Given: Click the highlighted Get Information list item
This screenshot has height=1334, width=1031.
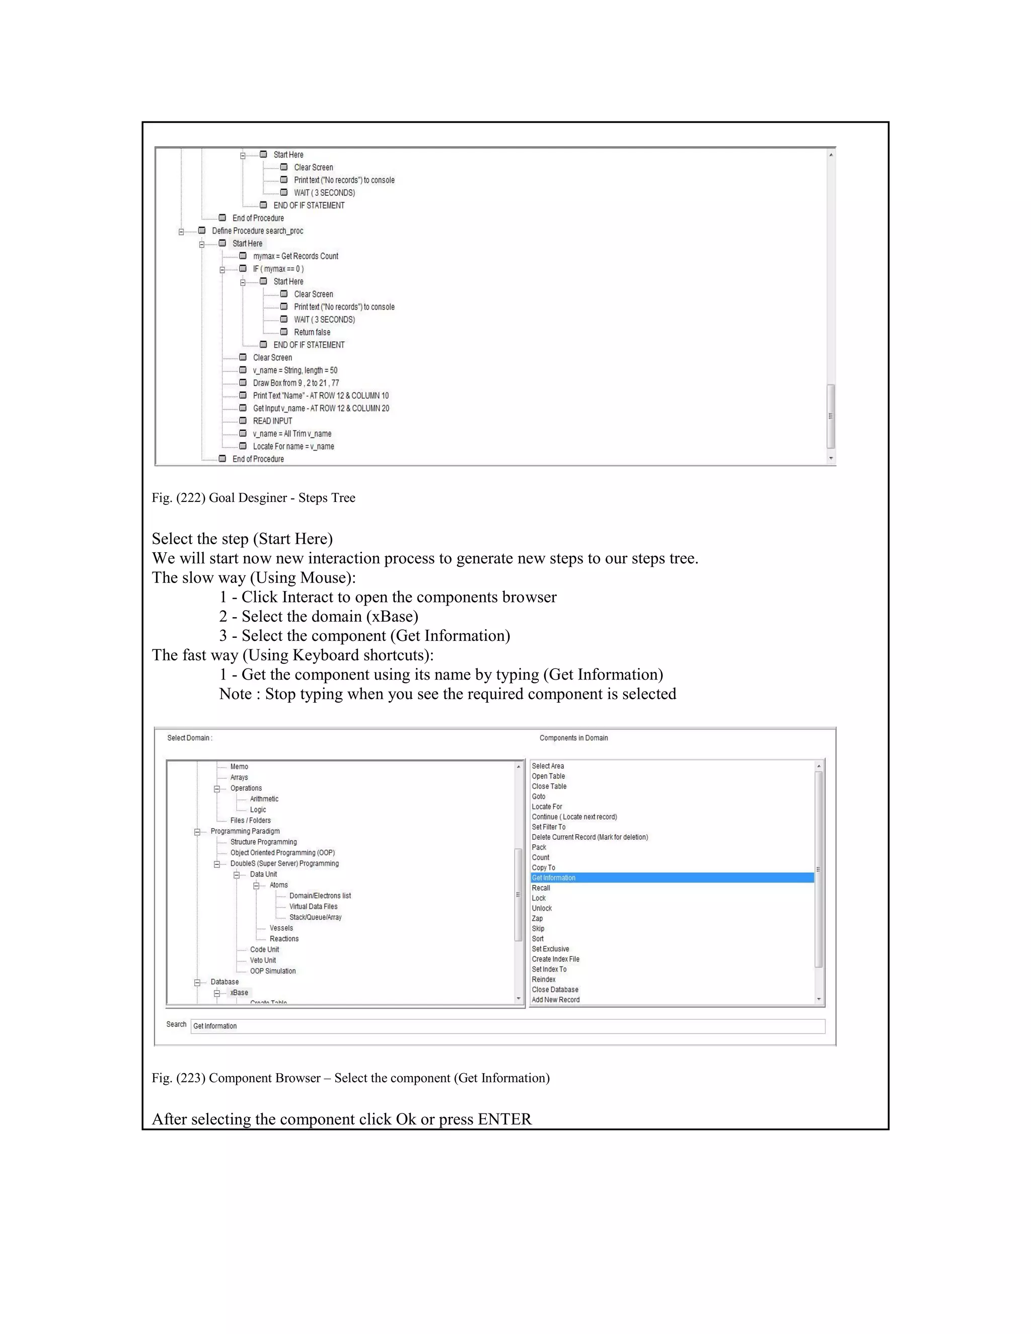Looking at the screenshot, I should pos(553,878).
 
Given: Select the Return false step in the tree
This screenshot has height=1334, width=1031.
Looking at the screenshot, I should pos(312,332).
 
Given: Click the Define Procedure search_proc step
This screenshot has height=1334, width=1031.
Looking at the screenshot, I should pos(257,231).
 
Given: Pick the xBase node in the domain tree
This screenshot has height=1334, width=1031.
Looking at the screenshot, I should pos(239,993).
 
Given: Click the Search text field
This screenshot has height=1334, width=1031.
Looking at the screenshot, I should pos(507,1026).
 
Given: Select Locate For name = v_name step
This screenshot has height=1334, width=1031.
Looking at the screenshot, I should pos(293,447).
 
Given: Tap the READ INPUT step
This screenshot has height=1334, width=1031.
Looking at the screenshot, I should pos(272,421).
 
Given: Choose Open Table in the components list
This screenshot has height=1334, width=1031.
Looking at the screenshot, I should pos(548,776).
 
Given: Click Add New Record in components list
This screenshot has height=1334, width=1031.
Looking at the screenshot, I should pos(555,1000).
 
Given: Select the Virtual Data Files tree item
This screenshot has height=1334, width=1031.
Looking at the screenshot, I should pos(313,907).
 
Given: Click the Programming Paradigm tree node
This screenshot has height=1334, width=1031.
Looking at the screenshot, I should pos(245,831).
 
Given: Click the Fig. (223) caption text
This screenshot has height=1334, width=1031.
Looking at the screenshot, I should pos(350,1078).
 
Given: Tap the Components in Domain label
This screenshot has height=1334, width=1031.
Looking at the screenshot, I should pos(573,738).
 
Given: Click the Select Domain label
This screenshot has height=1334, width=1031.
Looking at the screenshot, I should pos(189,738).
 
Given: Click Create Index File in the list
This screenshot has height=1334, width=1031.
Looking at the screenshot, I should pos(555,959).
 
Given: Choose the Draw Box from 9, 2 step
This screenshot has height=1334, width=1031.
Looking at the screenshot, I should pos(296,383).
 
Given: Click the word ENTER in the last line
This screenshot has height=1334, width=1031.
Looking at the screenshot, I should pos(504,1119).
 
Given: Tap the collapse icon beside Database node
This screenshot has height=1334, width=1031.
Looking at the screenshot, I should pos(197,983).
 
